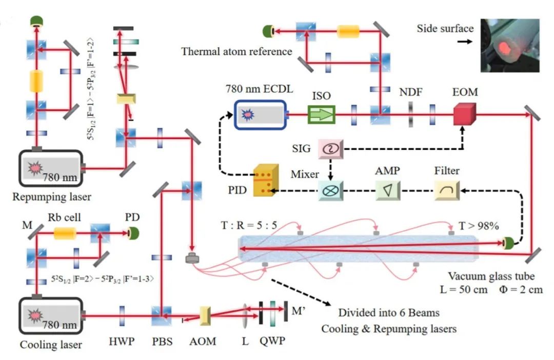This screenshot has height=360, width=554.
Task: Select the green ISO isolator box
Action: click(x=321, y=114)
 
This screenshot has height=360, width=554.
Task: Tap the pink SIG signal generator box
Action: click(x=331, y=148)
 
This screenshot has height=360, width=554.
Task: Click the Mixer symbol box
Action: click(x=331, y=191)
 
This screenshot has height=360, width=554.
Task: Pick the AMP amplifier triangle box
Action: click(x=388, y=191)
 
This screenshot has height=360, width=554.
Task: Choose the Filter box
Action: click(x=447, y=191)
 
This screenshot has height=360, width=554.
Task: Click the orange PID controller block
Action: click(x=266, y=180)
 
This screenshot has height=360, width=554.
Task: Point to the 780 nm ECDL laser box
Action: click(x=261, y=115)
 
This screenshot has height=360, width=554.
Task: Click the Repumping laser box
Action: click(x=51, y=168)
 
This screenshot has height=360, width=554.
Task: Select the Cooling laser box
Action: click(x=51, y=315)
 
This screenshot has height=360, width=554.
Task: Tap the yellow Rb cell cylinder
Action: click(x=65, y=233)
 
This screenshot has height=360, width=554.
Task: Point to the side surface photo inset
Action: click(x=510, y=46)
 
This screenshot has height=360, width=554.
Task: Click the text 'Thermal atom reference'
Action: click(x=236, y=52)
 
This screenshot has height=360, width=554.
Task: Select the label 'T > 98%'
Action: click(x=479, y=226)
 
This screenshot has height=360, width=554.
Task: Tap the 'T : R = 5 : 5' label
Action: click(x=249, y=225)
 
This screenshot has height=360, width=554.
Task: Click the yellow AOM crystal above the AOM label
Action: click(x=205, y=316)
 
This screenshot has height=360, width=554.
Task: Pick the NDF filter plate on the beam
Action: click(x=410, y=114)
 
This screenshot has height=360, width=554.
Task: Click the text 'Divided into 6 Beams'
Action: click(x=389, y=313)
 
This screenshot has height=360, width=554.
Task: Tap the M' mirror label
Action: click(x=299, y=311)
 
